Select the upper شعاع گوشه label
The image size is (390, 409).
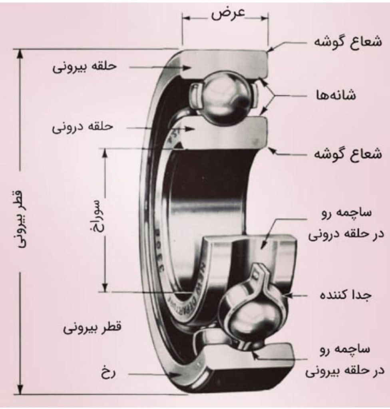pos(348,42)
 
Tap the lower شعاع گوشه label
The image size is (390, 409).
pos(348,154)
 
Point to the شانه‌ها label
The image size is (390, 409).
pos(336,95)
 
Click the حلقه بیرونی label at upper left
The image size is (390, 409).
pos(85,67)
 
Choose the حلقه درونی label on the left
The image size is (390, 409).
pos(83,127)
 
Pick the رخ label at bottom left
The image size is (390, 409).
pos(108,373)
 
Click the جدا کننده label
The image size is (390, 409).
pos(345,295)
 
